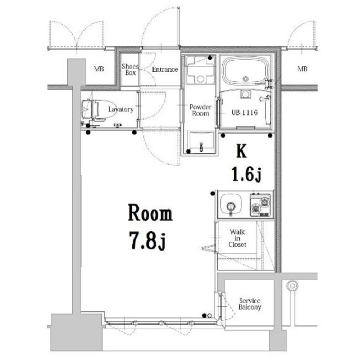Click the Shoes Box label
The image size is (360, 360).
point(130,69)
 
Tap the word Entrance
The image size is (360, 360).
point(165,69)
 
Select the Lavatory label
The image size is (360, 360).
point(121,109)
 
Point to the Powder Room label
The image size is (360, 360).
point(200,110)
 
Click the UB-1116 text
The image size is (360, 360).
point(245,112)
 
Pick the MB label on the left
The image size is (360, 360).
point(99,69)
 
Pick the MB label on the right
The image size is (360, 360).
point(302,69)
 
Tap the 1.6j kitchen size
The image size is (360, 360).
point(247,175)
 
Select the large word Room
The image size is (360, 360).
point(150,213)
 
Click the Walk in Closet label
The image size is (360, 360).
point(237,238)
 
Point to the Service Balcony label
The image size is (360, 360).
point(250,304)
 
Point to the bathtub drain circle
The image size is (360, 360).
point(246,79)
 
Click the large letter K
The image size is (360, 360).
point(242,151)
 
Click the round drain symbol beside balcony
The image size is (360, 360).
point(292,286)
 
